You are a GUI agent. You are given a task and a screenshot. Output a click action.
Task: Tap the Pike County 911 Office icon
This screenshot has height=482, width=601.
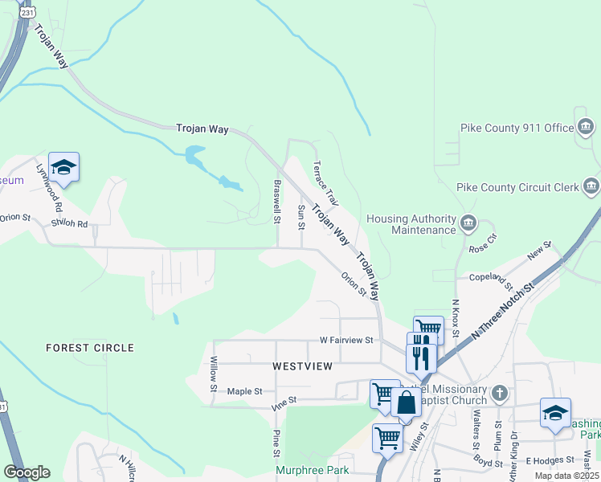[587, 127]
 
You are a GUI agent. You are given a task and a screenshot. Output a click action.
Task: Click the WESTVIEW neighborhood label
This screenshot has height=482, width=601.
[303, 366]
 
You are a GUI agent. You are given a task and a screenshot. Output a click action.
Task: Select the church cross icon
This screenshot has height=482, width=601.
[500, 393]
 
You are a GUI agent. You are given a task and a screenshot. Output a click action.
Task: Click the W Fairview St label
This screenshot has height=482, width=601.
[346, 341]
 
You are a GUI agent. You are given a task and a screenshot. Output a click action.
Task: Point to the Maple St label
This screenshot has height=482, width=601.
[245, 391]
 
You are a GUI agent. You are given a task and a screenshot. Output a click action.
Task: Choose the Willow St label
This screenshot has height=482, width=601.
[215, 374]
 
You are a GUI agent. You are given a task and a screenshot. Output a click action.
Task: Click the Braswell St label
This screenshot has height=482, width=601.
[276, 202]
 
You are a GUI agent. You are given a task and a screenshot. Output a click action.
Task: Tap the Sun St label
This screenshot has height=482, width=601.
[301, 217]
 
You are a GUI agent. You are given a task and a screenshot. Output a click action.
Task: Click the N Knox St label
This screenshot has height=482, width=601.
[456, 317]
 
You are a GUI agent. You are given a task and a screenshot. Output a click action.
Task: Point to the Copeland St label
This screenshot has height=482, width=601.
[492, 278]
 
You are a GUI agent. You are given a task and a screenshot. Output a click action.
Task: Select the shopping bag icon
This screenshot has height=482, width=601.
[406, 401]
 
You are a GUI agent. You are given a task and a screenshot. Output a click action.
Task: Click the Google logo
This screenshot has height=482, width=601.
[27, 472]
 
